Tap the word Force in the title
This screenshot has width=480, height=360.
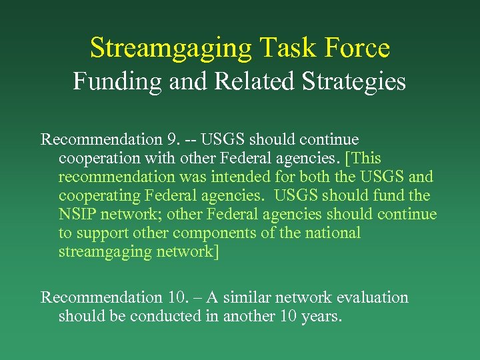click(x=357, y=48)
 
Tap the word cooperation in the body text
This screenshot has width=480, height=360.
click(x=97, y=159)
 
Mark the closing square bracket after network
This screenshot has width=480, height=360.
click(x=215, y=252)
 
